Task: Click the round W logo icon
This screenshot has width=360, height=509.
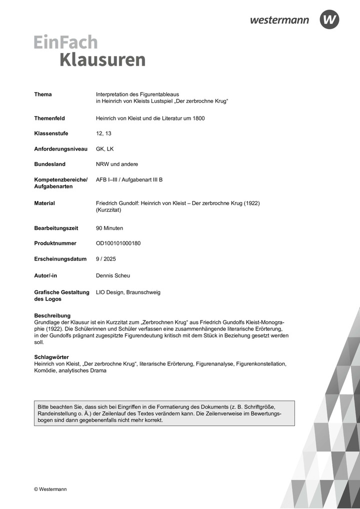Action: pos(329,19)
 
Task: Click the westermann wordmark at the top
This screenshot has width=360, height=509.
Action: pos(279,20)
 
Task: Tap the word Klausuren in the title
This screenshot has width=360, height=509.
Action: pos(102,59)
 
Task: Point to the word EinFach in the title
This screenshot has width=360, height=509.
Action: pos(65,42)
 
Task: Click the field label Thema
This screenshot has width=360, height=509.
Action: pos(43,94)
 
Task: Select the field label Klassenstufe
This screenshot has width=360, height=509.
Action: pos(51,133)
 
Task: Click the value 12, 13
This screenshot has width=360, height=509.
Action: pos(103,133)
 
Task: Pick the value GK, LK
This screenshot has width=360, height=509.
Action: pos(105,149)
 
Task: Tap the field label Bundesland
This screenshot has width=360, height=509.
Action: pos(49,164)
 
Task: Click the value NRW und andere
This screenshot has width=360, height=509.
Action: pos(117,164)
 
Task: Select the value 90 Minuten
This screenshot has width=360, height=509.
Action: pos(109,228)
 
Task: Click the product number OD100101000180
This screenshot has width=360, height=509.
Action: pos(118,243)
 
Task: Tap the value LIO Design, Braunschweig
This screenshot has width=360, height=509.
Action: pos(128,292)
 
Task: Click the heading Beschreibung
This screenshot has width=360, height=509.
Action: pos(52,315)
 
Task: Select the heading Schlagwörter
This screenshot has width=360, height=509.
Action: pos(51,357)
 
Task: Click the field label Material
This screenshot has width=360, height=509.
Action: pos(44,203)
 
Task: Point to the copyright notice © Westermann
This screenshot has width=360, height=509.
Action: pos(50,489)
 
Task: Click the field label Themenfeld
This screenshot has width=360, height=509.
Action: pos(49,118)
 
